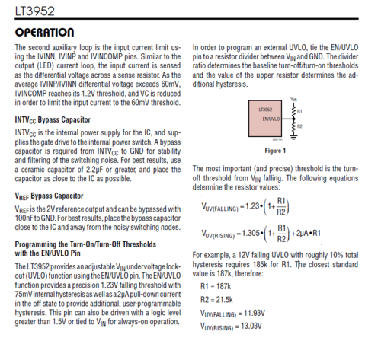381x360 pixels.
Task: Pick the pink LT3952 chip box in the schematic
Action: [x=267, y=119]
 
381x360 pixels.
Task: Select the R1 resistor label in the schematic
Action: [x=300, y=111]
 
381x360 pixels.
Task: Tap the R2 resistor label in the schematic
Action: [x=300, y=126]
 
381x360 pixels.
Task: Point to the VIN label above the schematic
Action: [x=293, y=100]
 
